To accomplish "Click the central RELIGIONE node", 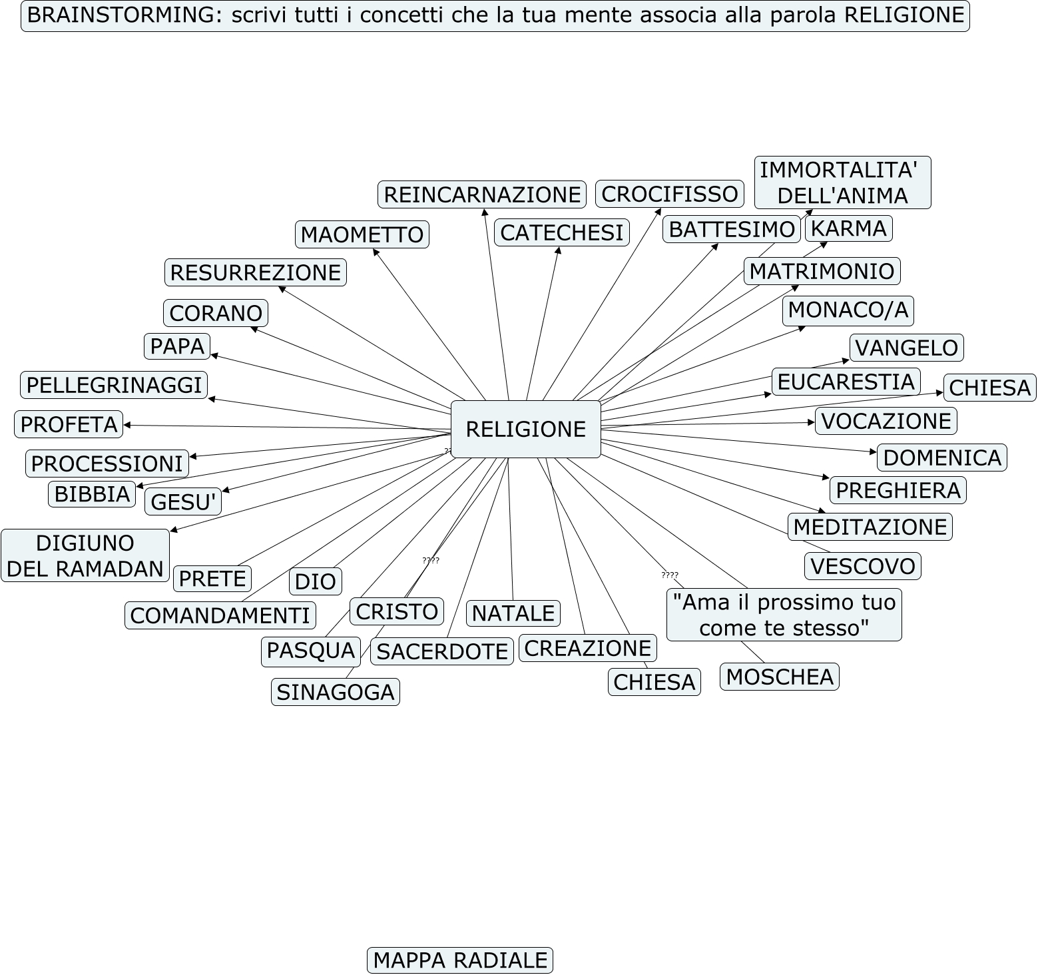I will [525, 429].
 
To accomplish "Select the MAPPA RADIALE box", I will [459, 960].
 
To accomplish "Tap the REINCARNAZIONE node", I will [482, 194].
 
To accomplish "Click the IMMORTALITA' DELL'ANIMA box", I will [842, 182].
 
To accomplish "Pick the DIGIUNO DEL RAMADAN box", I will [85, 555].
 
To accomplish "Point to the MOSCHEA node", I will [779, 677].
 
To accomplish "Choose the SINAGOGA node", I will [335, 692].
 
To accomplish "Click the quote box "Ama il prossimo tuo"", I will [784, 615].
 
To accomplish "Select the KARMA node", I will [848, 228].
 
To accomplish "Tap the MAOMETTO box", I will [362, 234].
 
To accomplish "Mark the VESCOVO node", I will [862, 566].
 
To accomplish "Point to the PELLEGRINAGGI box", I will [114, 385].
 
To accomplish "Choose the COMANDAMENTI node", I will [220, 615].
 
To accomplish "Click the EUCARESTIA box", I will [846, 382].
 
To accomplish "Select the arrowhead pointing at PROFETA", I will [127, 425].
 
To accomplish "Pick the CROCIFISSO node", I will [669, 194].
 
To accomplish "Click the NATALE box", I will [513, 613].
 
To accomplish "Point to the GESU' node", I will [183, 502].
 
